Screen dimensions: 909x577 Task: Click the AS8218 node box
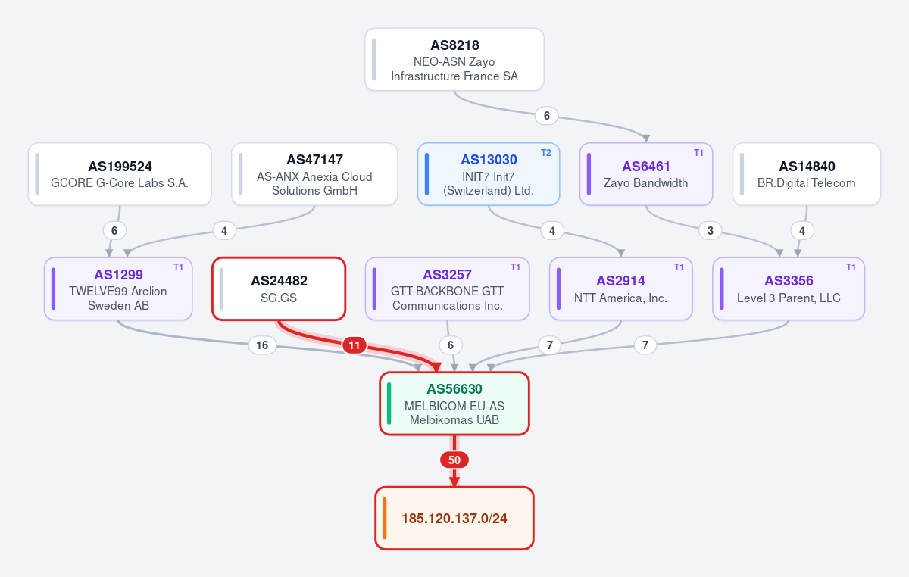tap(454, 60)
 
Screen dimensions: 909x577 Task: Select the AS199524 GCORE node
tap(120, 174)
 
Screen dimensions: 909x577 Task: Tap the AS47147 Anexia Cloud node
tap(314, 174)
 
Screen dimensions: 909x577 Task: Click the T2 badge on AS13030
tap(546, 153)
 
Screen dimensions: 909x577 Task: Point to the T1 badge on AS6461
tap(698, 153)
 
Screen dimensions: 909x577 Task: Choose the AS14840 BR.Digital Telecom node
tap(807, 174)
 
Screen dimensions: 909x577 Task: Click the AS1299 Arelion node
tap(118, 289)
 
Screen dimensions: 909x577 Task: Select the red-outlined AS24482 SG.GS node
tap(279, 289)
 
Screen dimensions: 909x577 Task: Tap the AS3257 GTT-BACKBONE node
tap(447, 289)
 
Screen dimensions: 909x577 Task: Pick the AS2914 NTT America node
tap(621, 289)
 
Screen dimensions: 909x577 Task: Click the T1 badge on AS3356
tap(851, 267)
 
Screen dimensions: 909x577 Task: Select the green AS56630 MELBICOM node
tap(454, 404)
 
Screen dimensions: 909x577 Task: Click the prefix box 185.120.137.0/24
tap(454, 519)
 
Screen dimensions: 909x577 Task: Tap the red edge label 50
tap(454, 460)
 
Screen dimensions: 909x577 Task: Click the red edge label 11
tap(355, 345)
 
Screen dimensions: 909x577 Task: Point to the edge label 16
tap(262, 345)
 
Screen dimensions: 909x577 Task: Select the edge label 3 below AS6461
tap(711, 231)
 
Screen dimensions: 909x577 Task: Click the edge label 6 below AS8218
tap(547, 116)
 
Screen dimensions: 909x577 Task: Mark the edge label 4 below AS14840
tap(802, 231)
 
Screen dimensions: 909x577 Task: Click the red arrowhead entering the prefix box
tap(454, 482)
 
